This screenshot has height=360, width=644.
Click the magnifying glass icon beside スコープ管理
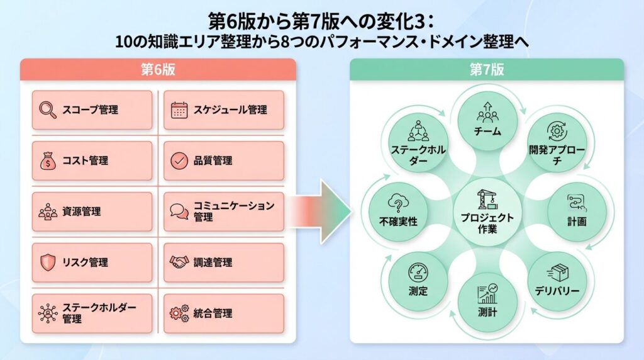pyautogui.click(x=48, y=110)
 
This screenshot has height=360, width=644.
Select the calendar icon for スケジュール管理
pyautogui.click(x=179, y=110)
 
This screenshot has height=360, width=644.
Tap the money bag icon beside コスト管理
pyautogui.click(x=48, y=160)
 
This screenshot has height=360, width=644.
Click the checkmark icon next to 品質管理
pyautogui.click(x=179, y=160)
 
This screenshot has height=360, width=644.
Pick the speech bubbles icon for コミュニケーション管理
pyautogui.click(x=179, y=211)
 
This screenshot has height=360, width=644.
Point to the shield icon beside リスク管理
pyautogui.click(x=48, y=262)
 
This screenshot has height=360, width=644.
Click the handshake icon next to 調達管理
pyautogui.click(x=179, y=262)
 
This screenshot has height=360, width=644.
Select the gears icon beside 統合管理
pyautogui.click(x=179, y=313)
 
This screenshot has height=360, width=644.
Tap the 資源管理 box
pyautogui.click(x=92, y=211)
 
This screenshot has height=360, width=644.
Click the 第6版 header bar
pyautogui.click(x=158, y=70)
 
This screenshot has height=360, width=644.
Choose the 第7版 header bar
pyautogui.click(x=487, y=70)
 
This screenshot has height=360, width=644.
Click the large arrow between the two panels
pyautogui.click(x=324, y=211)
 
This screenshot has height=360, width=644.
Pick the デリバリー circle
pyautogui.click(x=557, y=281)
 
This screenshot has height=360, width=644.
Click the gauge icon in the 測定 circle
pyautogui.click(x=418, y=272)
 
